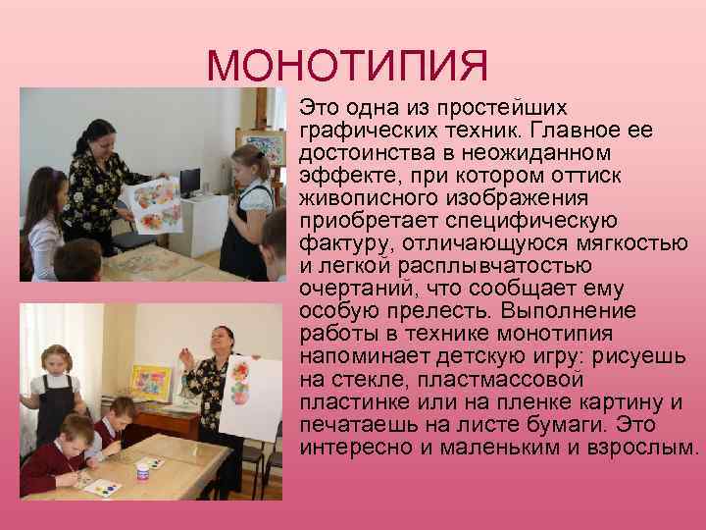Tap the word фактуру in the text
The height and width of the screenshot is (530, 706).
point(341,242)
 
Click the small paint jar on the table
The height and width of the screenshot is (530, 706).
point(142,470)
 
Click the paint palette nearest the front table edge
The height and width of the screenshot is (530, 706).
point(102,486)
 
